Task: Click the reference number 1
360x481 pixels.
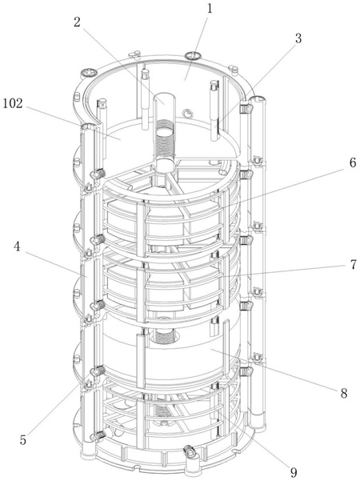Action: (210, 8)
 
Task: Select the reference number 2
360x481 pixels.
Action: (77, 22)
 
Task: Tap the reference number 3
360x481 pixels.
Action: (298, 38)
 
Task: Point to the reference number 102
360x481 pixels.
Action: (13, 104)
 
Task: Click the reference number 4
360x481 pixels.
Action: (17, 247)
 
